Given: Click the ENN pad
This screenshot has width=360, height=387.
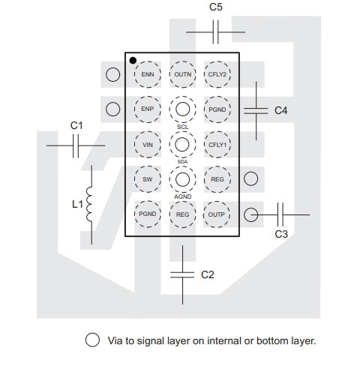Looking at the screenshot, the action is click(x=148, y=74).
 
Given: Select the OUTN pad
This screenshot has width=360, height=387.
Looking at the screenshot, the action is click(x=182, y=74).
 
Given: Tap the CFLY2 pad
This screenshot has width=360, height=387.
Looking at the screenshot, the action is click(x=217, y=74).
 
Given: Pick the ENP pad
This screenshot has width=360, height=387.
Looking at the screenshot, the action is click(x=148, y=109).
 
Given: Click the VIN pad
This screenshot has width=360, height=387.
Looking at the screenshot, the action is click(x=148, y=145).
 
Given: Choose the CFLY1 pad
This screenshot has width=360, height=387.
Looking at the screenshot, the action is click(x=217, y=145).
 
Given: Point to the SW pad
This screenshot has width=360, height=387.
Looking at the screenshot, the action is click(x=148, y=179).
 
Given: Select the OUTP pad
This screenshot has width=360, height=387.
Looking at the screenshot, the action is click(x=217, y=214).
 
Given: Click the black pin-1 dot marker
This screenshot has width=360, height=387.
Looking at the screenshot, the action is click(x=133, y=61).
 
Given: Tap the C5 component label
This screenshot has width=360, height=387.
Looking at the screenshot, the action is click(x=216, y=7).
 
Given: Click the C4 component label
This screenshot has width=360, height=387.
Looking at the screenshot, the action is click(x=281, y=110).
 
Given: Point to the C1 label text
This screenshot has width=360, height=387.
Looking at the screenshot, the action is click(x=76, y=125).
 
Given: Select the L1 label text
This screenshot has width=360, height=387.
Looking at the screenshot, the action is click(x=77, y=205).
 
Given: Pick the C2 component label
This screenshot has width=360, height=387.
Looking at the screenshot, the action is click(x=208, y=274).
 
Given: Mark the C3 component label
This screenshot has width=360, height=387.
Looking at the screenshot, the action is click(x=281, y=234).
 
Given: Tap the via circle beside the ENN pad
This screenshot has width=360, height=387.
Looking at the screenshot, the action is click(x=112, y=74).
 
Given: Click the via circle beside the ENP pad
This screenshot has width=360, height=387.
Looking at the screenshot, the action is click(x=112, y=109).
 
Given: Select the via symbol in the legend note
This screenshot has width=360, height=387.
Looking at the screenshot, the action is click(x=92, y=340).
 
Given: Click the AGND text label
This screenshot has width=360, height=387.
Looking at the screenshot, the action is click(x=183, y=196).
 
